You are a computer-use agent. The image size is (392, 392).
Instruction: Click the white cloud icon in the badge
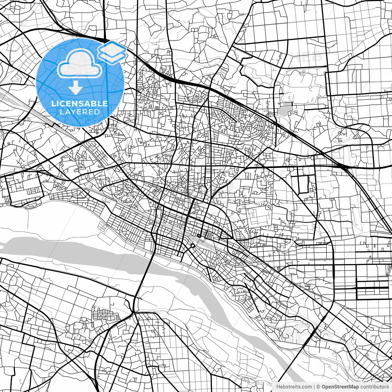pos(80,64)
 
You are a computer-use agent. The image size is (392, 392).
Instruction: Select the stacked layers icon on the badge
pos(112,52)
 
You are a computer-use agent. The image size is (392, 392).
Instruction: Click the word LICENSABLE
pos(80,104)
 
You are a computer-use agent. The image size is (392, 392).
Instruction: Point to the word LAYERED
pos(80,112)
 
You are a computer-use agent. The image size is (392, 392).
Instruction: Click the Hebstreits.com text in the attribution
pos(294,387)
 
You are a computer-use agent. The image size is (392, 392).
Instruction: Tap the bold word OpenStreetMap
pos(340,387)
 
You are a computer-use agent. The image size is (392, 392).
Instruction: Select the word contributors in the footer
pos(374,387)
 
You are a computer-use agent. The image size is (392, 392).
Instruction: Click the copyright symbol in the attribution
pos(318,387)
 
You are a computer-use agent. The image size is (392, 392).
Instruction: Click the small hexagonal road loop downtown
pos(192,246)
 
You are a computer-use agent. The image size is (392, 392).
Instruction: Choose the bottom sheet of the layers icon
pos(112,57)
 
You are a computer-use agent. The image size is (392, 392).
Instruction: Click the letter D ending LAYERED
pos(97,112)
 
